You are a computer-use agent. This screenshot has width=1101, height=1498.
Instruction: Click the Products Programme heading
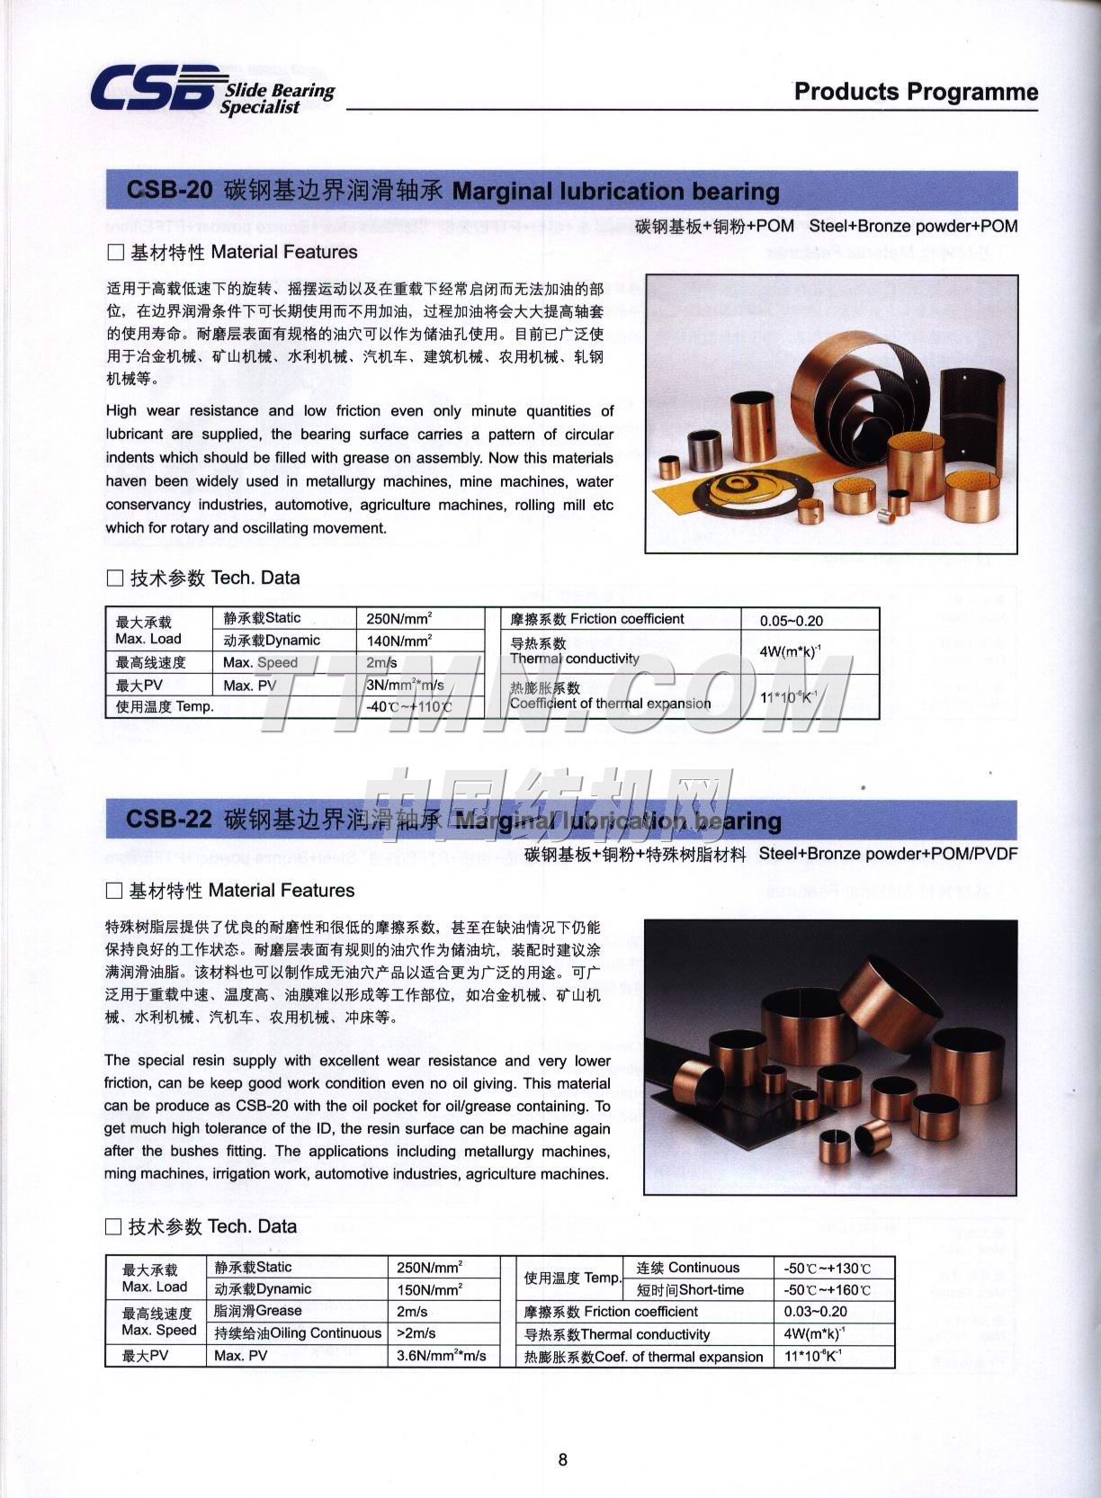[916, 92]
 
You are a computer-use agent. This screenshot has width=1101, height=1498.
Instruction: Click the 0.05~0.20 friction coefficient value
[791, 621]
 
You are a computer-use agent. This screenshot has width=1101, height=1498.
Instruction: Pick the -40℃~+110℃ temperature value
[408, 707]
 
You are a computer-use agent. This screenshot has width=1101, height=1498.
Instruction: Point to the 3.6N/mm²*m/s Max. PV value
[441, 1356]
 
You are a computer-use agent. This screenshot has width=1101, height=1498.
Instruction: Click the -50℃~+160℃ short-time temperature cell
[827, 1290]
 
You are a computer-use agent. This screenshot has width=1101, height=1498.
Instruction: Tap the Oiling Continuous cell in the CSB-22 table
[298, 1333]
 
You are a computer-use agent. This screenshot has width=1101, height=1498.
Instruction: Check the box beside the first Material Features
[115, 253]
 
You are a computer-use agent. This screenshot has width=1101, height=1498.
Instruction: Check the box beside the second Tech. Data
[113, 1226]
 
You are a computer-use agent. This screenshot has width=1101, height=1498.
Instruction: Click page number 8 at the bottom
[563, 1460]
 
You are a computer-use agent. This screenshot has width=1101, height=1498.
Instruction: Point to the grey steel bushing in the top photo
[704, 450]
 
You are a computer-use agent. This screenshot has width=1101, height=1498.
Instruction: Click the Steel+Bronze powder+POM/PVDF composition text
[888, 854]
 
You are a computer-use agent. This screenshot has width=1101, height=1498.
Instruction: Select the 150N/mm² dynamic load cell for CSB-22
[429, 1289]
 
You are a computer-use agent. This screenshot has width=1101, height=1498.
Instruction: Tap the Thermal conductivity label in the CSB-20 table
[574, 659]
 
